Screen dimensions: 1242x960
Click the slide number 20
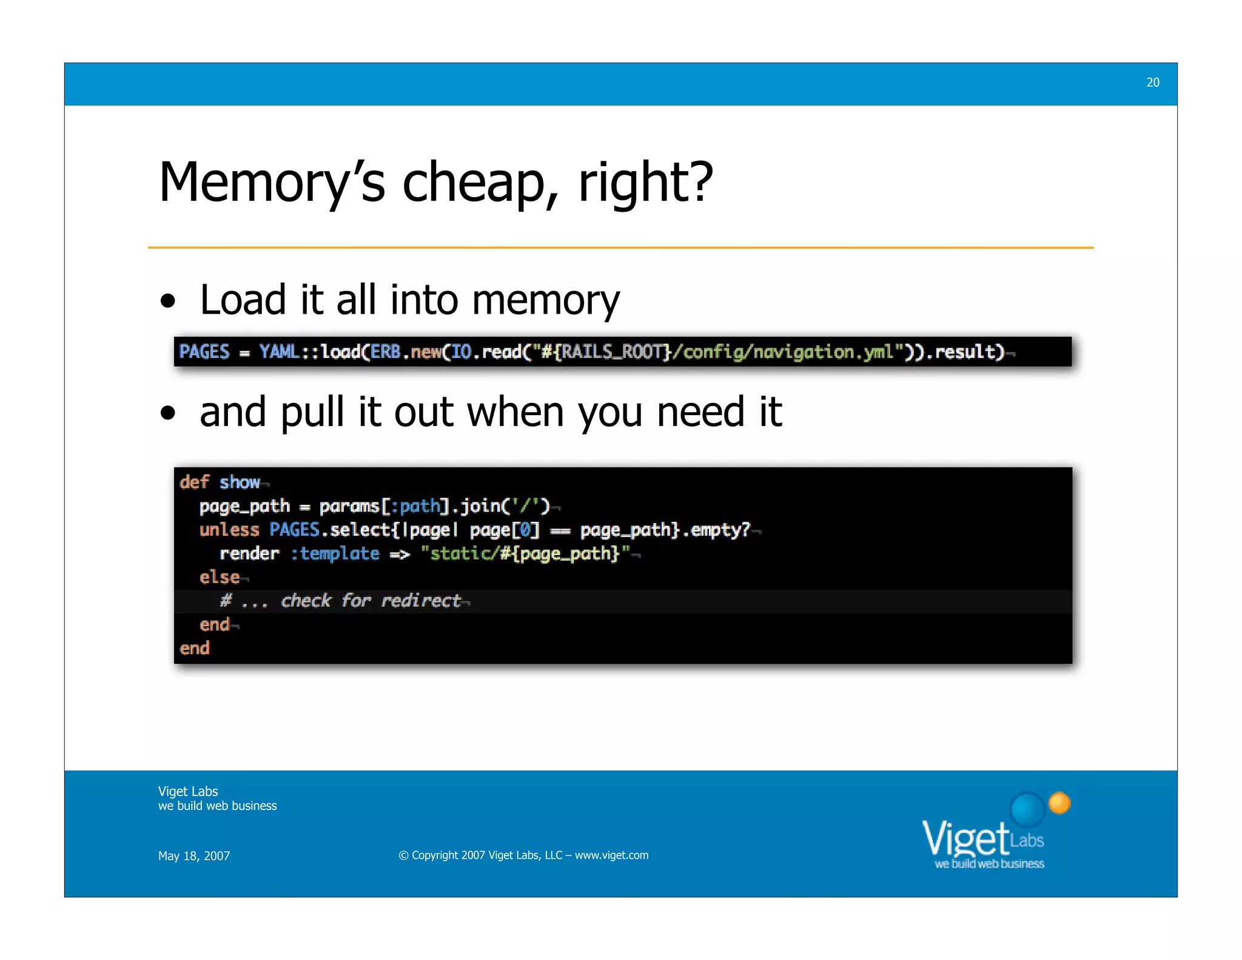(1152, 83)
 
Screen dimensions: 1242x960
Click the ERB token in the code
(386, 352)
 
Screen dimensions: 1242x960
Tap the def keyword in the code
(194, 482)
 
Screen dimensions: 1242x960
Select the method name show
(240, 482)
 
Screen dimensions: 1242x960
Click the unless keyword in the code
(229, 530)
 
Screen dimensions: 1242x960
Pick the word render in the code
(249, 553)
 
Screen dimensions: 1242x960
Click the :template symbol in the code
(335, 553)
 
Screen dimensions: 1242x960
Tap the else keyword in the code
(220, 577)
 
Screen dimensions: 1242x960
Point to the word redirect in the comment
(421, 601)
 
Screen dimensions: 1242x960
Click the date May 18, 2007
(194, 856)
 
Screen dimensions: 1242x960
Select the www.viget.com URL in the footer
(611, 855)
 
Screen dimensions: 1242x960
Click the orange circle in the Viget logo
(1059, 803)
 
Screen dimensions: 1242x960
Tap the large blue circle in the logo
(1027, 809)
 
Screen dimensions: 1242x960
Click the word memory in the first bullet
(546, 300)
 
